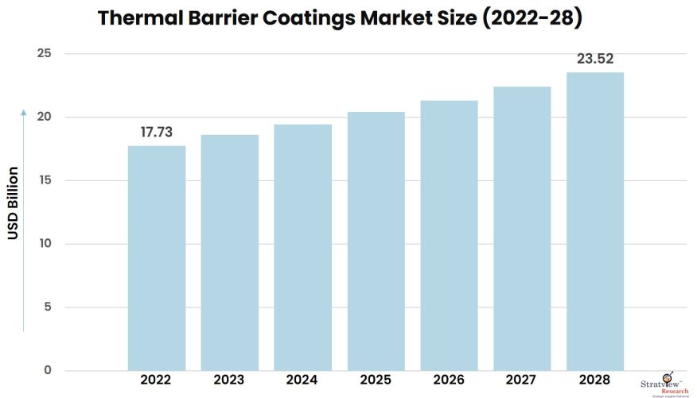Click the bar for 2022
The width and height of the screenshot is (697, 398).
click(x=157, y=257)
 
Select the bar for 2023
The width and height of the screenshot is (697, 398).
click(x=229, y=252)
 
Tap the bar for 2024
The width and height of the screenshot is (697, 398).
click(x=302, y=247)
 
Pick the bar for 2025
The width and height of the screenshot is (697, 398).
click(x=376, y=241)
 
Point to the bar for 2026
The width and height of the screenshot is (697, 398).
click(x=449, y=235)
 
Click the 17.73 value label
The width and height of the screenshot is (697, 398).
click(x=157, y=133)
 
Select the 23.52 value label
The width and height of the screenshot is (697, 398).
click(x=595, y=59)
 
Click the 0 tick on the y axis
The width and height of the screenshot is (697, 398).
click(x=48, y=370)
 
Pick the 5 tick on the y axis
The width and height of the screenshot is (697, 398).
click(x=48, y=307)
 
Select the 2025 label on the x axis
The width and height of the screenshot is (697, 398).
click(x=376, y=381)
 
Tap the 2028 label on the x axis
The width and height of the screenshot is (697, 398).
click(x=595, y=381)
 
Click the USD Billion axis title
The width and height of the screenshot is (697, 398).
click(x=13, y=203)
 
